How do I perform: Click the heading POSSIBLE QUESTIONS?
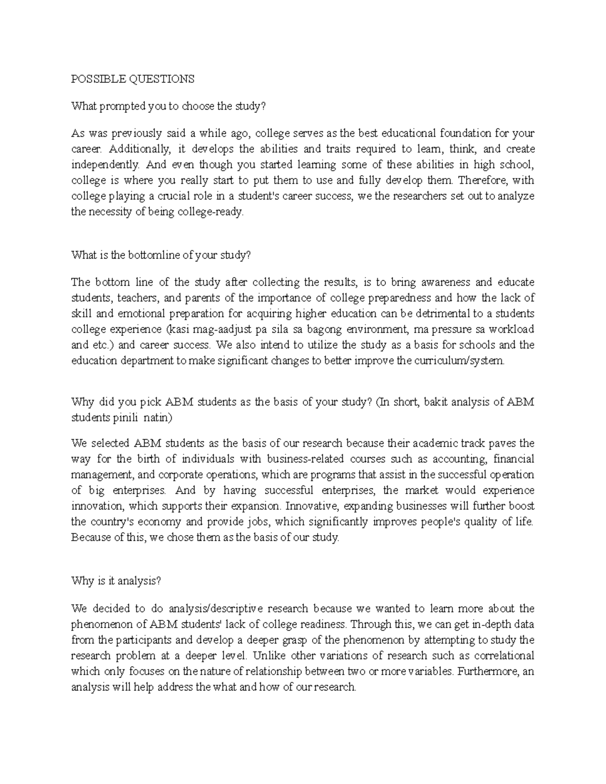click(132, 79)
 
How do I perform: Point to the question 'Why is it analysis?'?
click(116, 581)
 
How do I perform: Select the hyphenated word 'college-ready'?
click(215, 212)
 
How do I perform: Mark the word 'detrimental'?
click(443, 313)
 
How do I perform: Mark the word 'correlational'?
click(505, 656)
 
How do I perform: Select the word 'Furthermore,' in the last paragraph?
click(491, 672)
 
